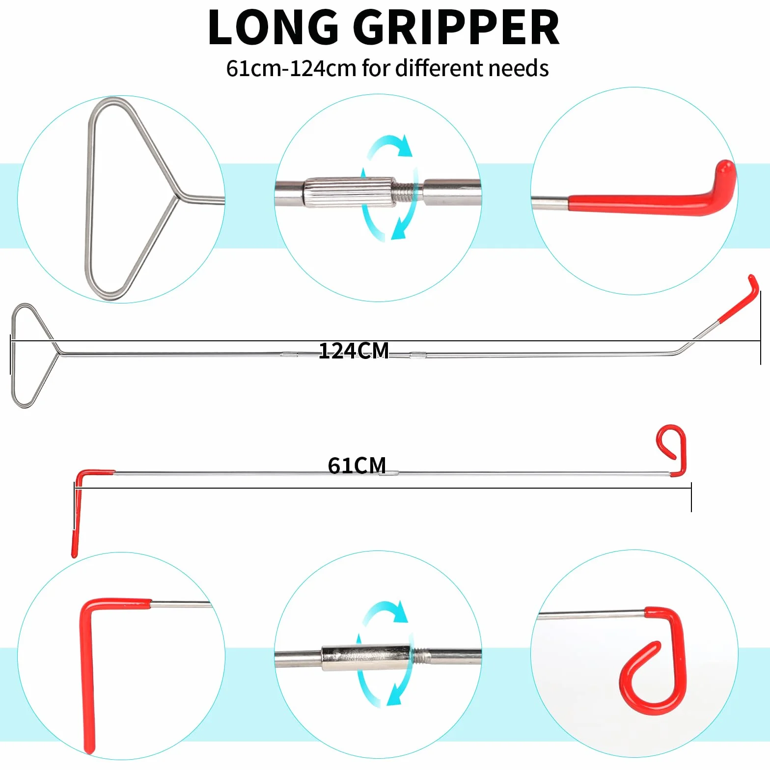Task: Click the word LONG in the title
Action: tap(273, 27)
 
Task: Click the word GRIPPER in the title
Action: tap(456, 27)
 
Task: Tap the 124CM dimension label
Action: tap(354, 351)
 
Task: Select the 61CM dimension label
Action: tap(357, 465)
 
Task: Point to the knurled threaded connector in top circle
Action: tap(349, 192)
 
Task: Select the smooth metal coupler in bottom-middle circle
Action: tap(365, 658)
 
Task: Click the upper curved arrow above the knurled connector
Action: tap(390, 145)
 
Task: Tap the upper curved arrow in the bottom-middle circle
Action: tap(386, 611)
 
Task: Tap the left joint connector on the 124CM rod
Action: tap(289, 354)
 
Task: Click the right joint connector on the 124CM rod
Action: tap(417, 354)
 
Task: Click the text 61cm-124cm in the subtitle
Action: tap(291, 69)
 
